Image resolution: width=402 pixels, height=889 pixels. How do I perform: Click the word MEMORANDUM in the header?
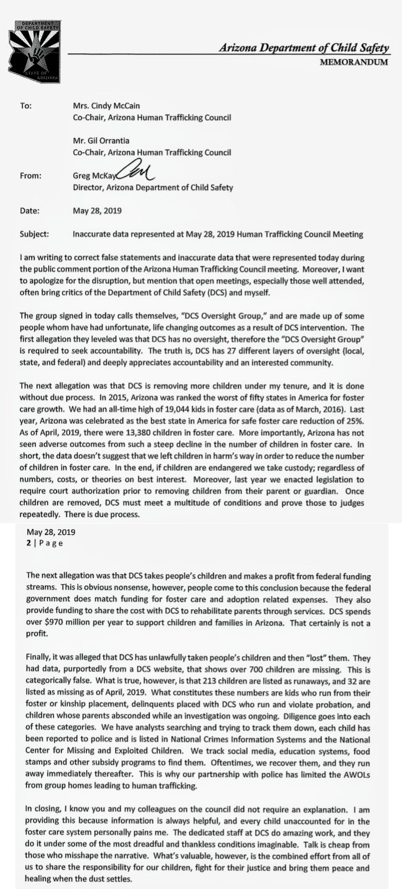[354, 62]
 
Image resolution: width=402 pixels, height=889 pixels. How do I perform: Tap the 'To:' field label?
[25, 106]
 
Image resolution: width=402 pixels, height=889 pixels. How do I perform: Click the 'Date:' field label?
[29, 211]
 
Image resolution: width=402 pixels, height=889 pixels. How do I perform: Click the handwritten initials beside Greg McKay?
[137, 172]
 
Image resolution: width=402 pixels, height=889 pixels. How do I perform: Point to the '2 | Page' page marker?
[45, 543]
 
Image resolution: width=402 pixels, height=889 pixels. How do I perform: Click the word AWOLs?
[355, 752]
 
